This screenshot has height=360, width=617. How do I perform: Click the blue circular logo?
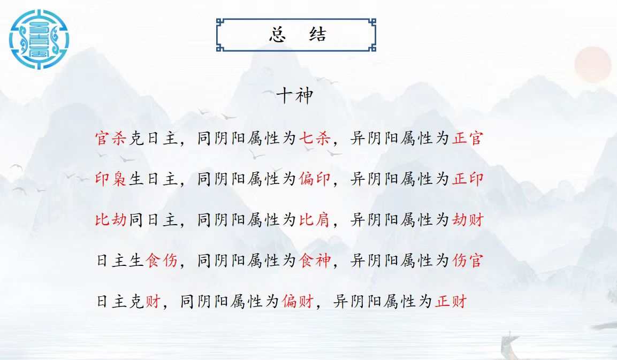coord(39,40)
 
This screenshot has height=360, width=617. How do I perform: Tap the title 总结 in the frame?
coord(298,35)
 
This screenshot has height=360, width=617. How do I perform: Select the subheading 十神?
coord(295,96)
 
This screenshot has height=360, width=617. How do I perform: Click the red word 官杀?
coord(111,138)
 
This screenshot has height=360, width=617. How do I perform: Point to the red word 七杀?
coord(315,138)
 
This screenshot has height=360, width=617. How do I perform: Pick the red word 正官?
coord(468,138)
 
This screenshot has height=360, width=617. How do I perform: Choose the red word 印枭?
coord(111,179)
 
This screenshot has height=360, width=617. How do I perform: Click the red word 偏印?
coord(315,179)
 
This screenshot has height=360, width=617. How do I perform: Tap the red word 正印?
coord(468,179)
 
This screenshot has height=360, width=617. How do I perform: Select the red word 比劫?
coord(111,219)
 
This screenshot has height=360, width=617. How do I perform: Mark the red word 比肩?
coord(315,219)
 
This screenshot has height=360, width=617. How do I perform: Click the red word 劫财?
coord(468,219)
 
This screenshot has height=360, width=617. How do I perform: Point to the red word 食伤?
coord(162,261)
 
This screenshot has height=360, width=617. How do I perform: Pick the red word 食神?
coord(315,261)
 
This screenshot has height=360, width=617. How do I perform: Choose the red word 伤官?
coord(468,261)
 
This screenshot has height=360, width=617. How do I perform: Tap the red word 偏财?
coord(298,301)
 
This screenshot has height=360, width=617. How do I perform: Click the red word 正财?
coord(451,301)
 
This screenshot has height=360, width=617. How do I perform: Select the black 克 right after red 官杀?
coord(136,138)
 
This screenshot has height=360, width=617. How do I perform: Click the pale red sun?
coord(592,65)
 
